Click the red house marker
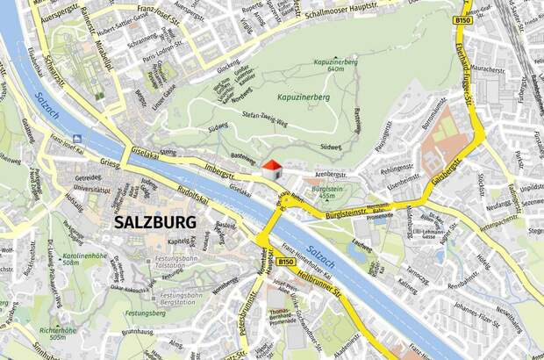pos(272,168)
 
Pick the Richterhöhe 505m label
pos(46,333)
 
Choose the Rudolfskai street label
pos(192,197)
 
